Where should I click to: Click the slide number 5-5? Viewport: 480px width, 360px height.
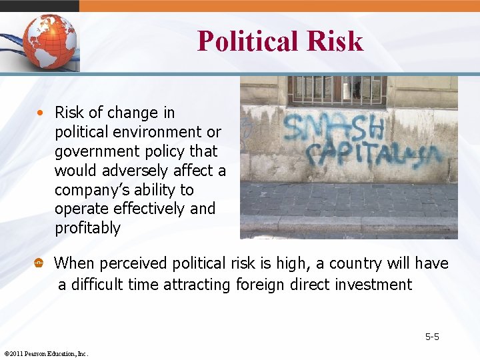click(x=432, y=337)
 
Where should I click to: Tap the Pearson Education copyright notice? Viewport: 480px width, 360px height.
click(x=46, y=353)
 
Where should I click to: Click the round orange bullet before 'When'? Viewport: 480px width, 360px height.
click(x=39, y=264)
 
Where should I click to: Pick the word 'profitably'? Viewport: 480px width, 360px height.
click(x=87, y=228)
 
